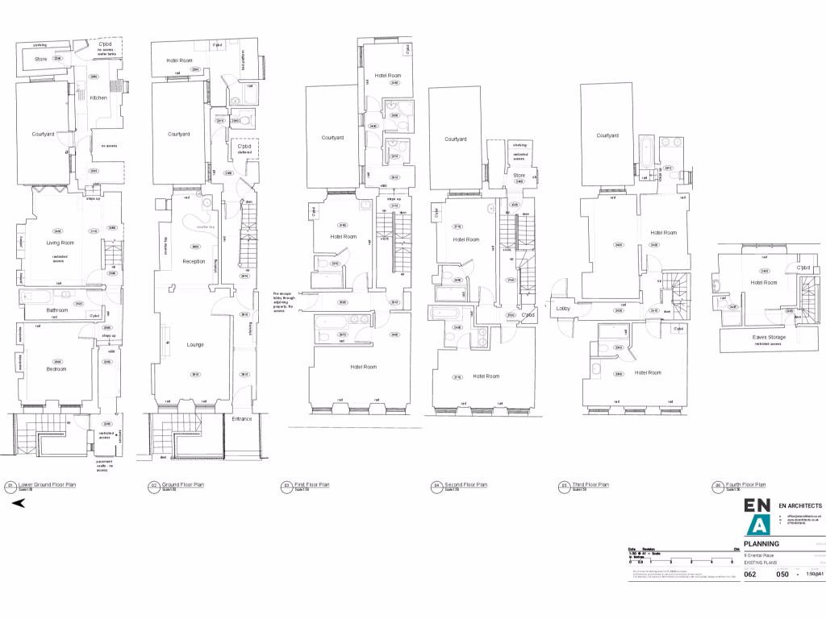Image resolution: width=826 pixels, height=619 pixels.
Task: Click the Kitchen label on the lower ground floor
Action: (98, 98)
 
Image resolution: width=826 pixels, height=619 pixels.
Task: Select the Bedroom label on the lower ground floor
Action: (55, 369)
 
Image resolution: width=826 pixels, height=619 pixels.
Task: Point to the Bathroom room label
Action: (57, 310)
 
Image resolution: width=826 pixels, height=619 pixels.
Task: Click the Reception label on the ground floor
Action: (194, 262)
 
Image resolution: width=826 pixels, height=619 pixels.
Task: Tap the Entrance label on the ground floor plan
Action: (242, 419)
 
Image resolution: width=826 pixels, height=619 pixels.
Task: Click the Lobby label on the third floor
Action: (563, 307)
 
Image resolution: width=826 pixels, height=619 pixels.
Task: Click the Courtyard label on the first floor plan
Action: (332, 138)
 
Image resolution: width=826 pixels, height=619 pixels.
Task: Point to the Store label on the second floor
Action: (519, 175)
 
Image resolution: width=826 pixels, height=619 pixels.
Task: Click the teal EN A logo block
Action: (758, 517)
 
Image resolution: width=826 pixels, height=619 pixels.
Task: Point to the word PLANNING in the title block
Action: (761, 544)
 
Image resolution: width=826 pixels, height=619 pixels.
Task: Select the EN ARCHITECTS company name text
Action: (800, 505)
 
